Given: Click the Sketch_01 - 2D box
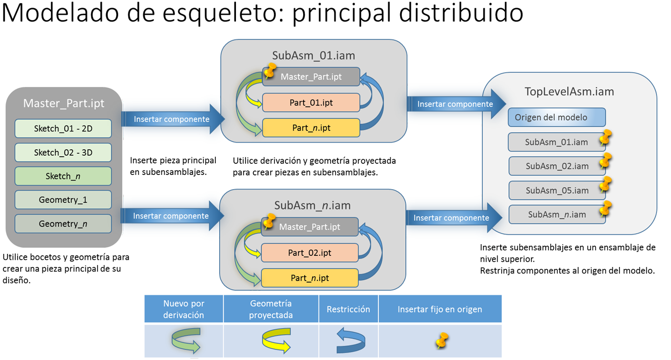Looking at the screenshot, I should (63, 128).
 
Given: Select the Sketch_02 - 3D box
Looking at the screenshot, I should (63, 152).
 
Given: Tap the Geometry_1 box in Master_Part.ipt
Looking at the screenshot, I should (63, 200).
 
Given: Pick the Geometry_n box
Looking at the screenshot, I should (63, 223).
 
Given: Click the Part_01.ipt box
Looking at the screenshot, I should (311, 103).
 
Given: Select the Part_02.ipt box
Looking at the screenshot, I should (310, 252).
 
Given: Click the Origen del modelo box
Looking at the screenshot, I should (556, 117).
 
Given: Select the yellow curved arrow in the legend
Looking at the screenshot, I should (276, 340).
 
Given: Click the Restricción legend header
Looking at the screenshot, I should (348, 309).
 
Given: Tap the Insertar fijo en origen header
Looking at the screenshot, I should (440, 309).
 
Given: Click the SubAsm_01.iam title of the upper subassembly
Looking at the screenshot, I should (313, 56).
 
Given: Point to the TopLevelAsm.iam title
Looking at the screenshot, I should (569, 92).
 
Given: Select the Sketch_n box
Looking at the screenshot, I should (63, 176).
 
